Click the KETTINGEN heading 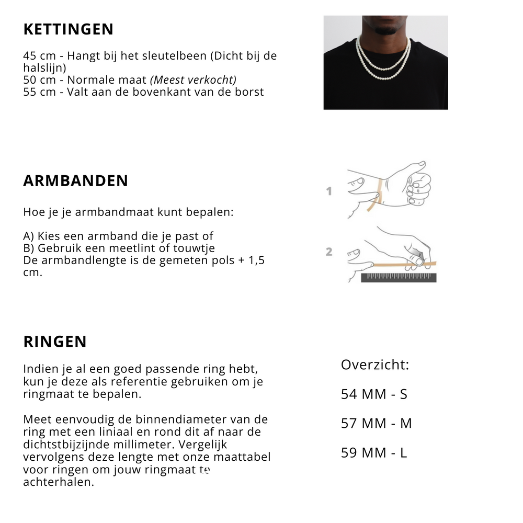pyautogui.click(x=68, y=29)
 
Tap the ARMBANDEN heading pyautogui.click(x=75, y=181)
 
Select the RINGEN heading pyautogui.click(x=55, y=342)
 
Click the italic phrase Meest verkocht pyautogui.click(x=193, y=80)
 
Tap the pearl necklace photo pyautogui.click(x=385, y=62)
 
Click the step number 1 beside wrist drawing pyautogui.click(x=329, y=191)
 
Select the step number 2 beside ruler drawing pyautogui.click(x=329, y=252)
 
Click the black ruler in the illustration pyautogui.click(x=399, y=277)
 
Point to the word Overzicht pyautogui.click(x=374, y=365)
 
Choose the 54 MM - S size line pyautogui.click(x=373, y=394)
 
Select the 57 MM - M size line pyautogui.click(x=376, y=423)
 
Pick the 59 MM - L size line pyautogui.click(x=373, y=452)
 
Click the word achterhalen pyautogui.click(x=58, y=482)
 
